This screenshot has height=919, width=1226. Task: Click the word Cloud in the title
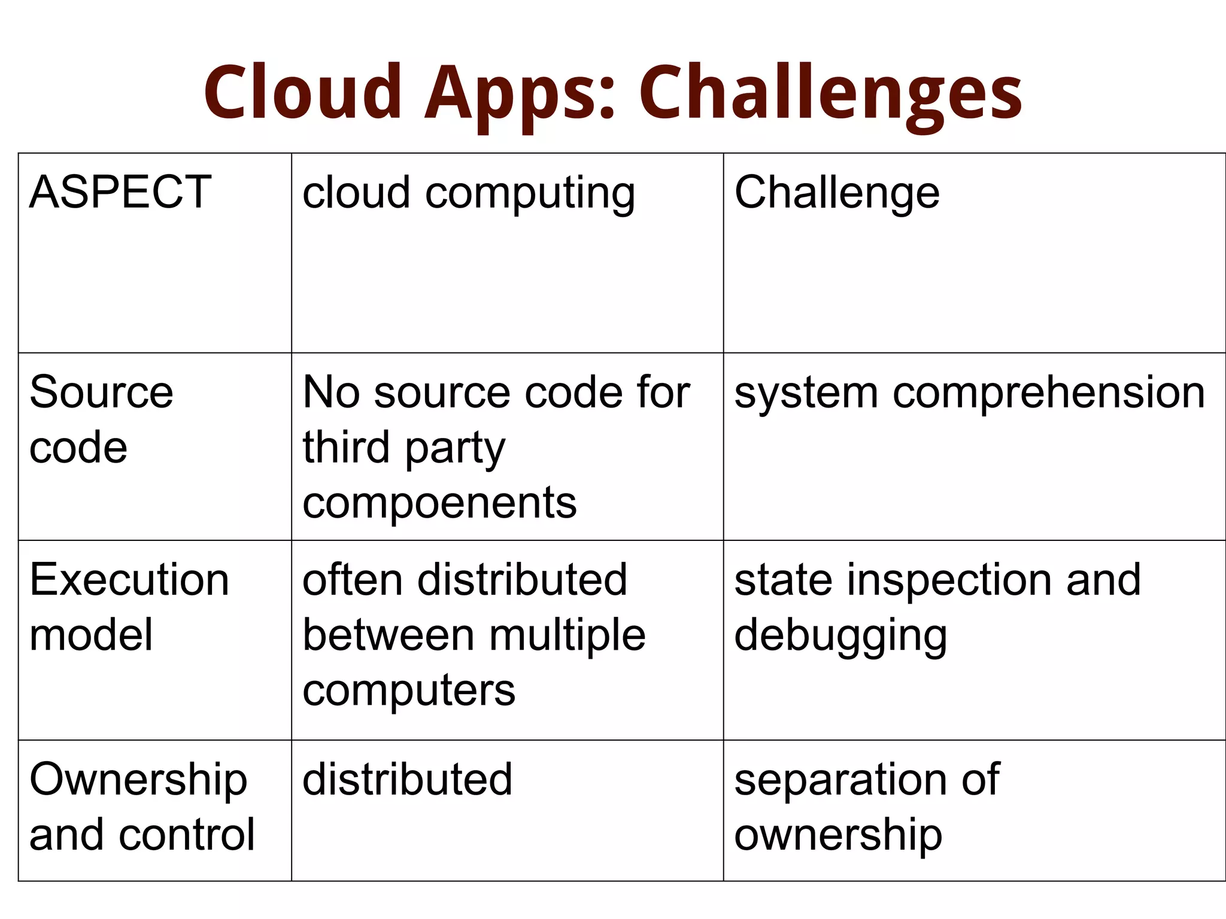[303, 93]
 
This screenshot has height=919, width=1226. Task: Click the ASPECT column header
[120, 192]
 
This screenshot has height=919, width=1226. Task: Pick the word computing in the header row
[530, 194]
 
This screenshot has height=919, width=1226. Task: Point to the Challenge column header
[837, 193]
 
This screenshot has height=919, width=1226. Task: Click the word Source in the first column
[101, 392]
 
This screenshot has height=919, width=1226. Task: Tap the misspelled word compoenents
[439, 503]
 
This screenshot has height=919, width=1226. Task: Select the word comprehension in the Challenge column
[1049, 394]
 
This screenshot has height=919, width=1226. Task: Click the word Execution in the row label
[129, 580]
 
